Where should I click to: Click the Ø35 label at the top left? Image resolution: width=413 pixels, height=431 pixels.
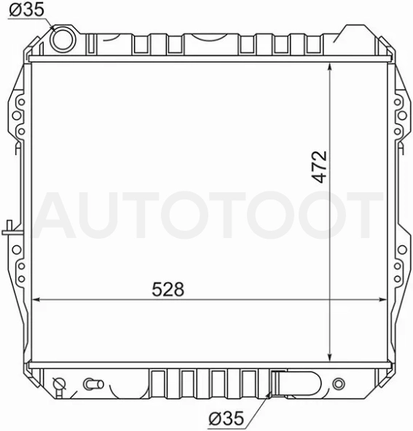coord(26,10)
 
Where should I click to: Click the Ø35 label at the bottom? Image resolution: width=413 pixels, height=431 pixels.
coord(227,419)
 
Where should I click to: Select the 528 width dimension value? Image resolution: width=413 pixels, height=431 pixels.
coord(168,289)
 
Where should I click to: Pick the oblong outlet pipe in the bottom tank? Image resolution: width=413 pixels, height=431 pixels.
coord(297,383)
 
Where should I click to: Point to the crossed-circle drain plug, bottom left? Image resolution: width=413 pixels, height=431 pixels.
coord(60,384)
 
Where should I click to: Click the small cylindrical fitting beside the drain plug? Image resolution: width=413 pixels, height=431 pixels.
coord(93,384)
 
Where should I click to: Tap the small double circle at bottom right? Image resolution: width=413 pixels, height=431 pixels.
coord(339,384)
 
